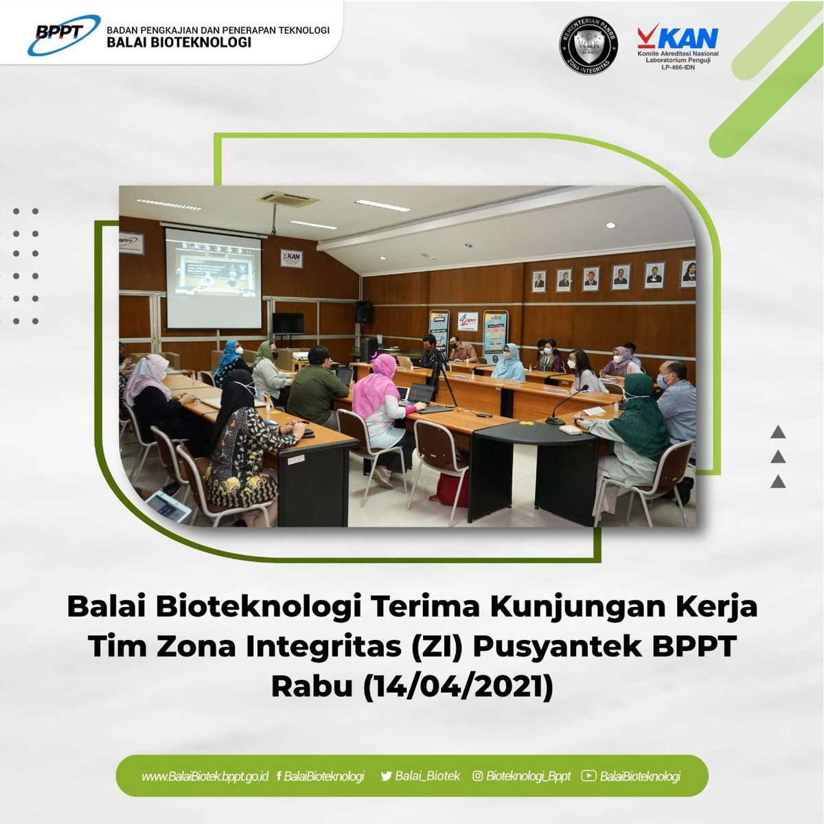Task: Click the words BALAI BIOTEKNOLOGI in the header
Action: pos(179,43)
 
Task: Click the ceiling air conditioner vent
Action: pos(287,198)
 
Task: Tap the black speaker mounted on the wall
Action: pos(364,312)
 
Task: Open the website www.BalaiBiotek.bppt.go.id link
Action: pos(205,777)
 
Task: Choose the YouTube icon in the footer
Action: pos(588,776)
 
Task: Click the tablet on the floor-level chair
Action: pos(168,507)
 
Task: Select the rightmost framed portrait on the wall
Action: pos(688,274)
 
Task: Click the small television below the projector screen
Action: pos(288,323)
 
